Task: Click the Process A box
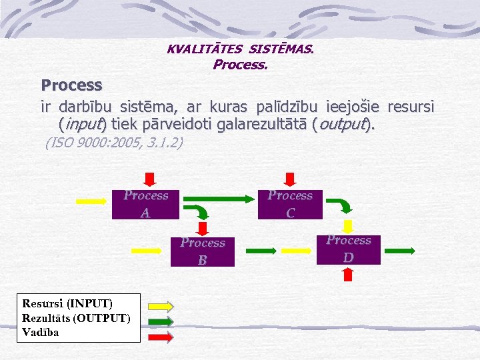pos(145,204)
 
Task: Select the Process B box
pos(203,251)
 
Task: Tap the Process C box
pos(290,204)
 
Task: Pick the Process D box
pos(349,249)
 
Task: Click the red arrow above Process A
pos(150,179)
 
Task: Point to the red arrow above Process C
pos(290,179)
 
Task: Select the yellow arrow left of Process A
pos(93,201)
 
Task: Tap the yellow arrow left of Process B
pos(150,250)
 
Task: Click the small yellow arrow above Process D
pos(347,225)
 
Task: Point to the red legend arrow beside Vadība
pos(160,336)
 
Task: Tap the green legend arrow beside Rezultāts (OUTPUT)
pos(160,321)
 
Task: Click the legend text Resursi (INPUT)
pos(67,304)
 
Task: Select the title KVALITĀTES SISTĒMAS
pos(240,49)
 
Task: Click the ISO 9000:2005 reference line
pos(113,143)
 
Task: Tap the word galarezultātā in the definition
pos(265,125)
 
